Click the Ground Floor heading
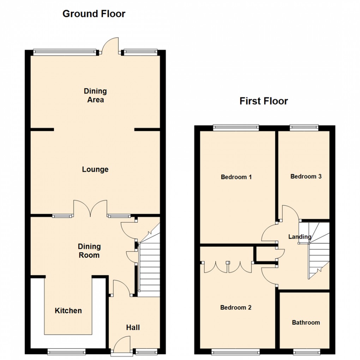click(x=94, y=14)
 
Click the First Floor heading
click(x=264, y=101)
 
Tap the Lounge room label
click(x=95, y=170)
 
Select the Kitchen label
click(x=68, y=311)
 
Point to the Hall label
click(x=133, y=328)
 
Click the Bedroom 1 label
click(x=236, y=177)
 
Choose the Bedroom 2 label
click(x=236, y=308)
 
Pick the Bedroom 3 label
click(x=306, y=176)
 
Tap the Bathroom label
click(x=306, y=323)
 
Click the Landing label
click(x=300, y=237)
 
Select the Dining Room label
click(x=89, y=251)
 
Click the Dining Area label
click(x=95, y=96)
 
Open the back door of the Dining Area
click(x=109, y=46)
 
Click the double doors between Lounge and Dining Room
click(x=90, y=208)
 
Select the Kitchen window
click(x=66, y=352)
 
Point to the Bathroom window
click(x=307, y=351)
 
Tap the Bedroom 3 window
click(x=304, y=127)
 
